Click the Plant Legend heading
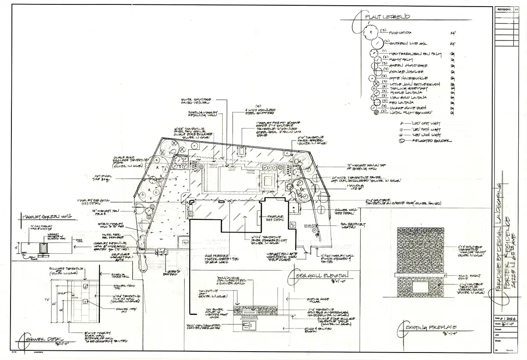(x=390, y=17)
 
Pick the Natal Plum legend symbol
(x=375, y=113)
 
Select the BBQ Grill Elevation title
(x=318, y=276)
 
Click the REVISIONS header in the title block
(x=504, y=9)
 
